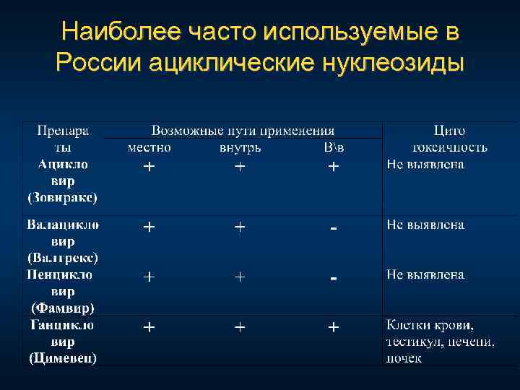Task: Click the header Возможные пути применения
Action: (243, 131)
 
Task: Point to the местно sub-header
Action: (149, 147)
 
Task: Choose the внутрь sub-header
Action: (240, 147)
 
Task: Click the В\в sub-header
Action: (334, 147)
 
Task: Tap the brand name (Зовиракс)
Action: (63, 196)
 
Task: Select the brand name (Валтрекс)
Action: (63, 257)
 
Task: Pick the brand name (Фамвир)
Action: (63, 308)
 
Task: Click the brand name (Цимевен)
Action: (63, 357)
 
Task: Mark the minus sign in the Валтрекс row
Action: (333, 227)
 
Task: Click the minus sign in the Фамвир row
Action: (333, 277)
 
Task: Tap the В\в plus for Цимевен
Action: (333, 327)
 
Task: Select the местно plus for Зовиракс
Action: (148, 166)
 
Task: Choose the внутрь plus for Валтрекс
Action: (239, 227)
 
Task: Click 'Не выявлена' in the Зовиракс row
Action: (425, 164)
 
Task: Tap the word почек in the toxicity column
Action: (404, 357)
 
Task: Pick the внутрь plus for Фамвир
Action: (239, 277)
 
